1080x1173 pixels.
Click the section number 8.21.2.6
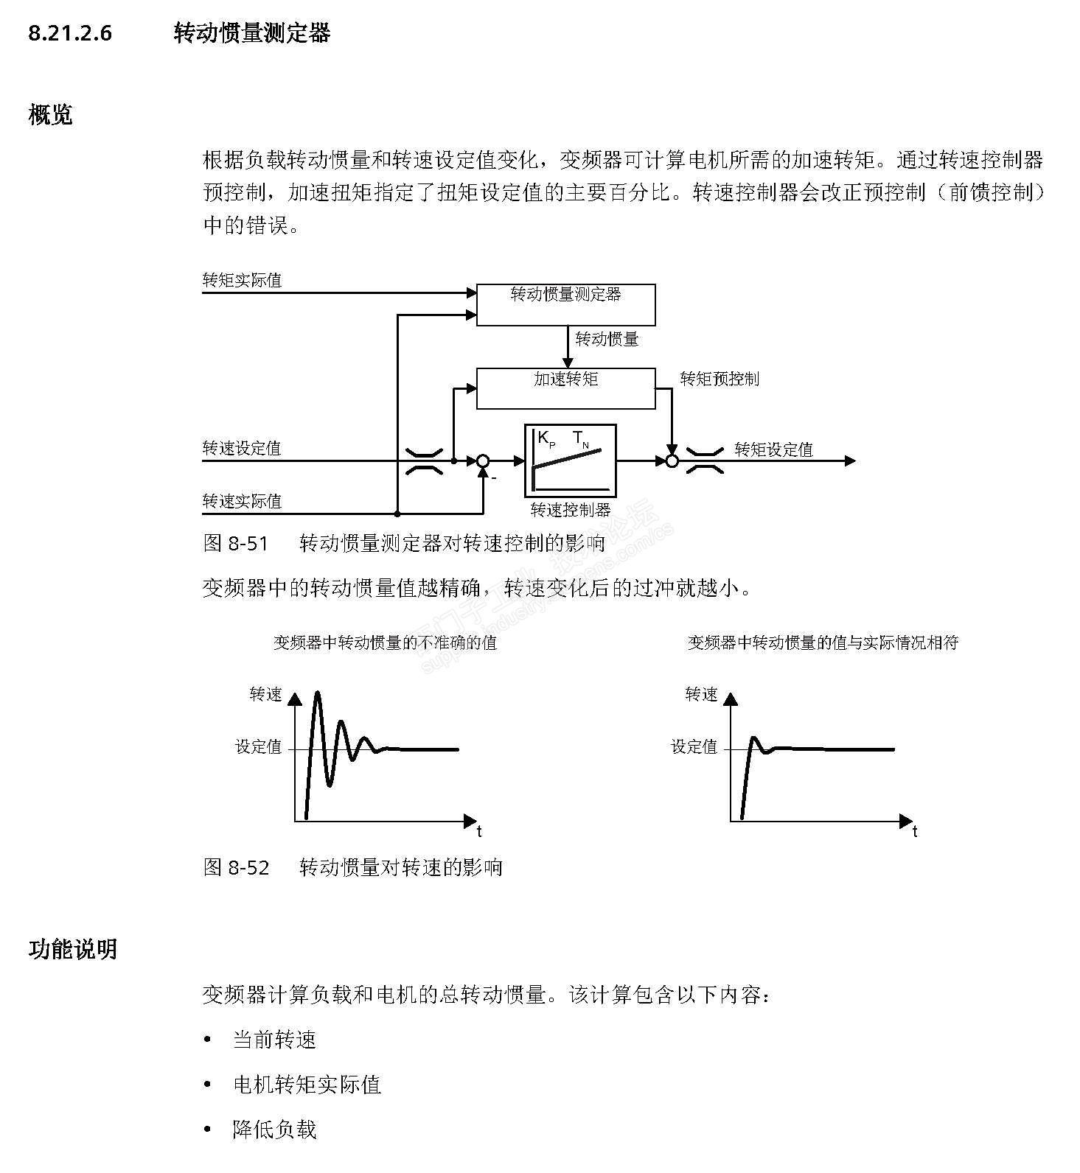tap(70, 33)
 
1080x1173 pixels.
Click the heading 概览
tap(50, 115)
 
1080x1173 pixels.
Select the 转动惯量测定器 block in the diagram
tap(565, 304)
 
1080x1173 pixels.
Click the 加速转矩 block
tap(565, 388)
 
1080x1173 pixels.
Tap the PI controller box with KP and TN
tap(570, 461)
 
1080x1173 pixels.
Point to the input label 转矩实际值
tap(242, 280)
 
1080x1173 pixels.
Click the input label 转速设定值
tap(242, 448)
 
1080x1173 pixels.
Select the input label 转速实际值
tap(242, 501)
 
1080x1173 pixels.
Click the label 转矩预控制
tap(719, 379)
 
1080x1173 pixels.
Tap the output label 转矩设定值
tap(773, 449)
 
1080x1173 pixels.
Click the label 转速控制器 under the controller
tap(571, 509)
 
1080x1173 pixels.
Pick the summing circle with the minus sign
tap(483, 461)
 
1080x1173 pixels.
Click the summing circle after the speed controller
tap(672, 461)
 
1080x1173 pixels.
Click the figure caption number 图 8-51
tap(235, 544)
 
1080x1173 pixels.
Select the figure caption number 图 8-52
tap(236, 867)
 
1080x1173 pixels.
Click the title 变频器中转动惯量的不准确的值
tap(385, 642)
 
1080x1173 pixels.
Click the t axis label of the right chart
tap(915, 832)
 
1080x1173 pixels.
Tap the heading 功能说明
tap(72, 949)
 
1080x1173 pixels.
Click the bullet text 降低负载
tap(274, 1130)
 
